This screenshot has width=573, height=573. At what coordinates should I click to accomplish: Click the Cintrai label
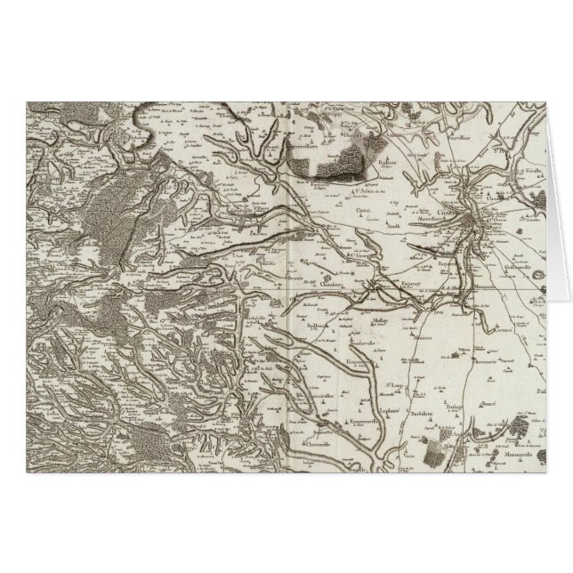point(363,210)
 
